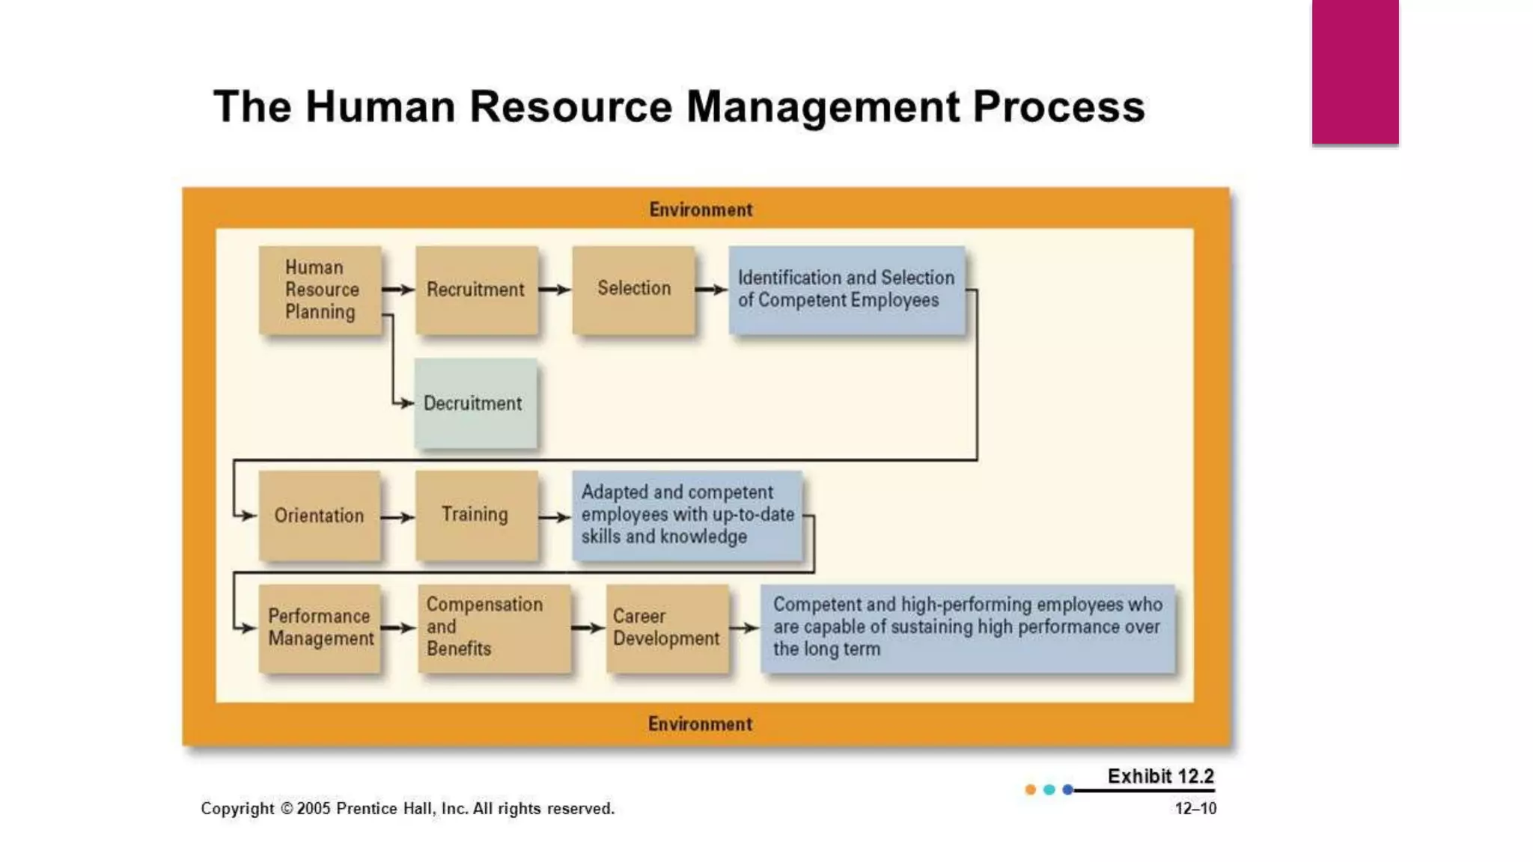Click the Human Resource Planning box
pyautogui.click(x=320, y=290)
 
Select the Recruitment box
pyautogui.click(x=477, y=290)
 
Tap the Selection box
pyautogui.click(x=633, y=290)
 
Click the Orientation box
pyautogui.click(x=320, y=516)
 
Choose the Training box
pyautogui.click(x=476, y=516)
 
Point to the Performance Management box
pyautogui.click(x=320, y=628)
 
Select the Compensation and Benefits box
pyautogui.click(x=494, y=628)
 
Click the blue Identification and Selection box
pyautogui.click(x=847, y=290)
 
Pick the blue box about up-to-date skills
pyautogui.click(x=687, y=516)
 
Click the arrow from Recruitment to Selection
pyautogui.click(x=555, y=290)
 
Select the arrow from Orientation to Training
pyautogui.click(x=397, y=517)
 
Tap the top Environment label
pyautogui.click(x=701, y=210)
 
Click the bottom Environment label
pyautogui.click(x=701, y=724)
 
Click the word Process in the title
pyautogui.click(x=1058, y=106)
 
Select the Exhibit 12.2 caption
pyautogui.click(x=1160, y=776)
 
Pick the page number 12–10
pyautogui.click(x=1195, y=808)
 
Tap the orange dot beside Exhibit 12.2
pyautogui.click(x=1031, y=789)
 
